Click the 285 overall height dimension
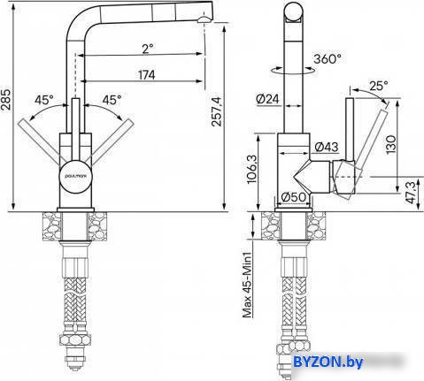(x=6, y=99)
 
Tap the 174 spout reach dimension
(x=147, y=75)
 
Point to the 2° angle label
(x=148, y=49)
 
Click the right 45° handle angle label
(x=112, y=100)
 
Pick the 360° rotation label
(x=328, y=59)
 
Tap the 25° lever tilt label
(x=379, y=86)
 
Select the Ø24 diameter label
(x=267, y=99)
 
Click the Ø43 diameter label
(x=326, y=147)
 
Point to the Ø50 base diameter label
(x=294, y=197)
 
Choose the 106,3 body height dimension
(x=252, y=170)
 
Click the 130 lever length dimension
(x=391, y=144)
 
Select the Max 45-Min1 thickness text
(x=247, y=285)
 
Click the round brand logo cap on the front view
(x=76, y=177)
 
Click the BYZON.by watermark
(x=328, y=362)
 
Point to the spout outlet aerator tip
(x=204, y=20)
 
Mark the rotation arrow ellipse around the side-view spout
(x=293, y=71)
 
